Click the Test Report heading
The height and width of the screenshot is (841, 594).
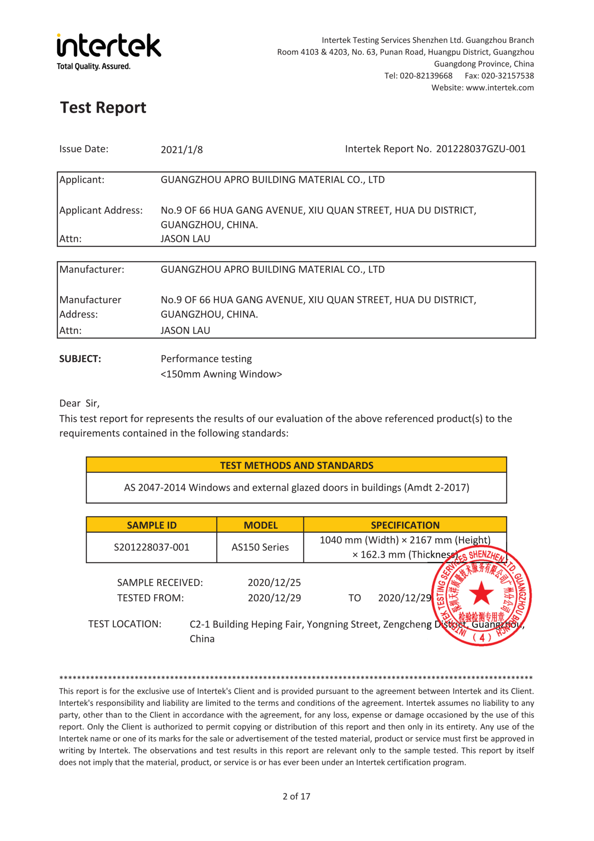103,108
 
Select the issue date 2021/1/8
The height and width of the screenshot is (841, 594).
181,149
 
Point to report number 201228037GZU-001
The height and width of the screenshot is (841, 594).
480,149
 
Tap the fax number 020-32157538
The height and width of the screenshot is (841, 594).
507,76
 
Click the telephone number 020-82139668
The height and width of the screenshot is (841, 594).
426,76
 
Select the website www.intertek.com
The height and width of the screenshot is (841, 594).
500,87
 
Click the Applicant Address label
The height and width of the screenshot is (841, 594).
101,210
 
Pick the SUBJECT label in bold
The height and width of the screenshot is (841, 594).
80,359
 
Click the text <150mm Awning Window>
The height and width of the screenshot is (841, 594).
221,374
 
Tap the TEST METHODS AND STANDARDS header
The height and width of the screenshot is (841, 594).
296,465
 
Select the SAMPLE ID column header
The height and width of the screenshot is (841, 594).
151,525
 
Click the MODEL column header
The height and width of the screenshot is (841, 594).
260,525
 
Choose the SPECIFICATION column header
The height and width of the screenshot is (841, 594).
405,525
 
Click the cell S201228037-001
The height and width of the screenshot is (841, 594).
151,547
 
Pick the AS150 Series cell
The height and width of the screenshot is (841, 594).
260,547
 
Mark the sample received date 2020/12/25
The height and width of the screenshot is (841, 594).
274,583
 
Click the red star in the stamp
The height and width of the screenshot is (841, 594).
481,594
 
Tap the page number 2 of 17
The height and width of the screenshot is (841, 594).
296,796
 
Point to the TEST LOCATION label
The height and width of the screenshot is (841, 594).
125,624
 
